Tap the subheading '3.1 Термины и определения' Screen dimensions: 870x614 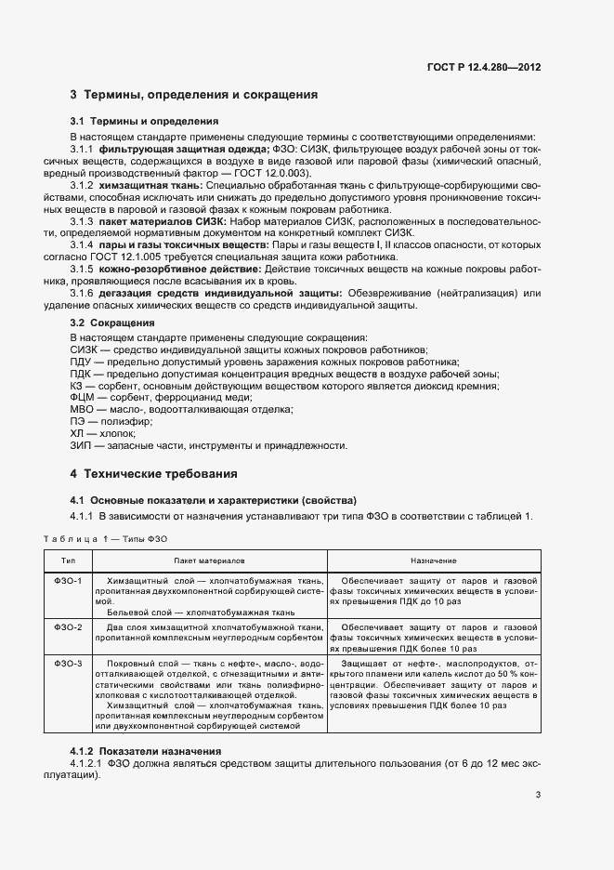(x=144, y=121)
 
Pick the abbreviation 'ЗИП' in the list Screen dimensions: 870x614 (x=82, y=446)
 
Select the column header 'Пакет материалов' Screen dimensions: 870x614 (x=207, y=561)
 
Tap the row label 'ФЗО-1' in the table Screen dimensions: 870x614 (x=69, y=581)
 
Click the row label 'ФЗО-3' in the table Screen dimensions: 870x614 (x=69, y=663)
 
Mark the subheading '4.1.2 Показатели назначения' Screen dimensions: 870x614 (x=146, y=751)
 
